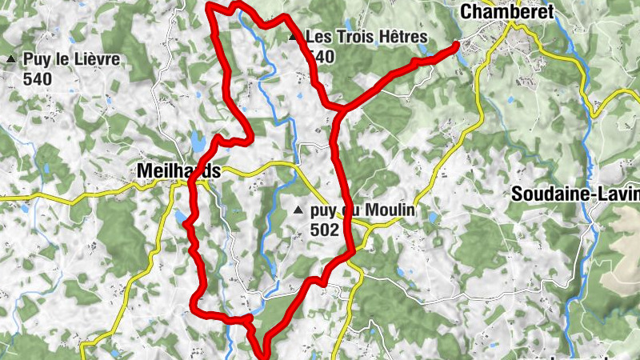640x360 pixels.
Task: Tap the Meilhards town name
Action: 178,170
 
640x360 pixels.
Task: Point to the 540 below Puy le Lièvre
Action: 38,78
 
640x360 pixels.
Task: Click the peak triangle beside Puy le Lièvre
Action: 11,59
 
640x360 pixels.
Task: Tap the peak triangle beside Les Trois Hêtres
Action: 293,37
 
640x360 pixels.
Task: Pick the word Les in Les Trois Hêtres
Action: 320,37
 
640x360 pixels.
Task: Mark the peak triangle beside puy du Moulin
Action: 298,210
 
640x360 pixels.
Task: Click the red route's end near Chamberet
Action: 457,45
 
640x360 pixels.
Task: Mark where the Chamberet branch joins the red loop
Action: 339,109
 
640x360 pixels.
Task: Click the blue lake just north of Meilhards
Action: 196,142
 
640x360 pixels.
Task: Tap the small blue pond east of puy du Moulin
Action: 433,217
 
